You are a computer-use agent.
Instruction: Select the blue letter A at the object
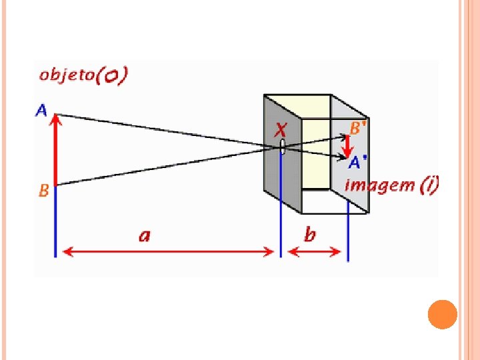click(x=41, y=109)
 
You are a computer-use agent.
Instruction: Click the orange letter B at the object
click(x=43, y=191)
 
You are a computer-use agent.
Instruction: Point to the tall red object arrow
click(x=56, y=150)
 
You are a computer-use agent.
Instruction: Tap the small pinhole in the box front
click(x=282, y=147)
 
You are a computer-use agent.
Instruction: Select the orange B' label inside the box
click(x=357, y=128)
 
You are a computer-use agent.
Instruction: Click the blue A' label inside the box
click(x=358, y=161)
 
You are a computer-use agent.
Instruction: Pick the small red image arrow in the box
click(x=347, y=145)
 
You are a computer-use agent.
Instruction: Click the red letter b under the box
click(x=310, y=234)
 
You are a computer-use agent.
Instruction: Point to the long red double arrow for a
click(x=167, y=252)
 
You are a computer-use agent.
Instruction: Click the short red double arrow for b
click(x=314, y=252)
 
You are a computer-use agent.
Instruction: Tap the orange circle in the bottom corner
click(x=442, y=315)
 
